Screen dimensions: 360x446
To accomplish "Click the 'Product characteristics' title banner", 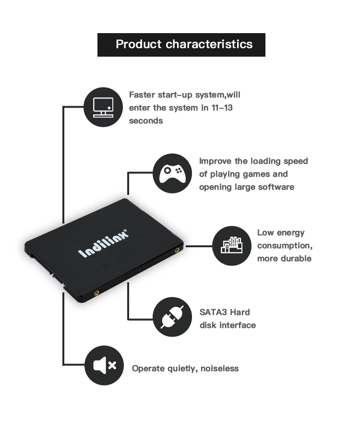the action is (x=181, y=45).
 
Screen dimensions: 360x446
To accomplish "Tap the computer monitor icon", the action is (x=103, y=107).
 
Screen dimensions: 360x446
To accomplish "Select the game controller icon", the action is (x=172, y=173).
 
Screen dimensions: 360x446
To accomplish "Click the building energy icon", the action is (x=232, y=245).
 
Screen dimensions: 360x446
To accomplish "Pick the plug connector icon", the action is (x=172, y=317).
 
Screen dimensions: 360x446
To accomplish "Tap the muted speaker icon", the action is (x=104, y=365).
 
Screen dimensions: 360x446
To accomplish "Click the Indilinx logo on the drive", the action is (x=103, y=243).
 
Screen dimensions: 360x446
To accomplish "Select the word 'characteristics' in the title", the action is (x=209, y=45).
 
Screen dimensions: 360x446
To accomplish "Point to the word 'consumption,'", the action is (x=285, y=245).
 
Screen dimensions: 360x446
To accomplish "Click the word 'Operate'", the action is (x=148, y=368).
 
